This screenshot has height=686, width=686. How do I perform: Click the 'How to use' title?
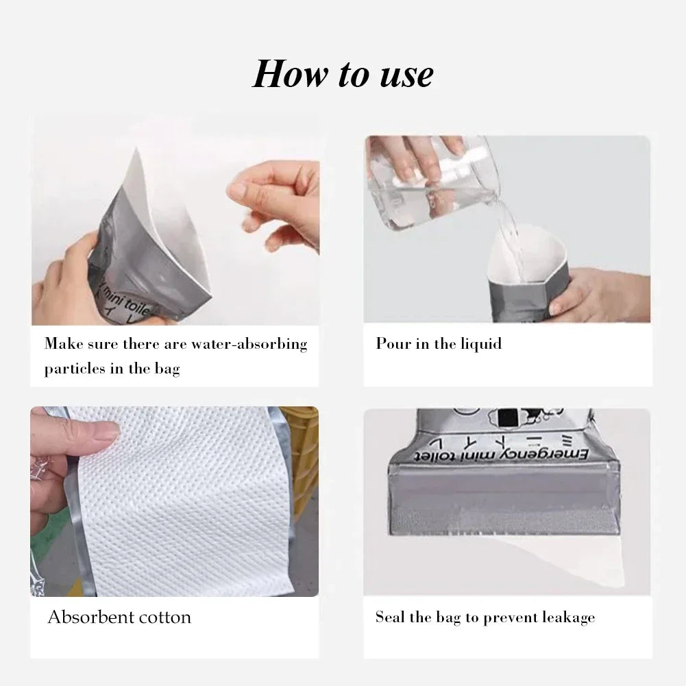click(343, 74)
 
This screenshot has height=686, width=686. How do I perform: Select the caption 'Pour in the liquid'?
click(439, 344)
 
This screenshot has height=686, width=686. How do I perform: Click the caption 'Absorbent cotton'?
click(119, 617)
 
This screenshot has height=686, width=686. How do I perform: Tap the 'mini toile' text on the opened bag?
click(123, 302)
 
